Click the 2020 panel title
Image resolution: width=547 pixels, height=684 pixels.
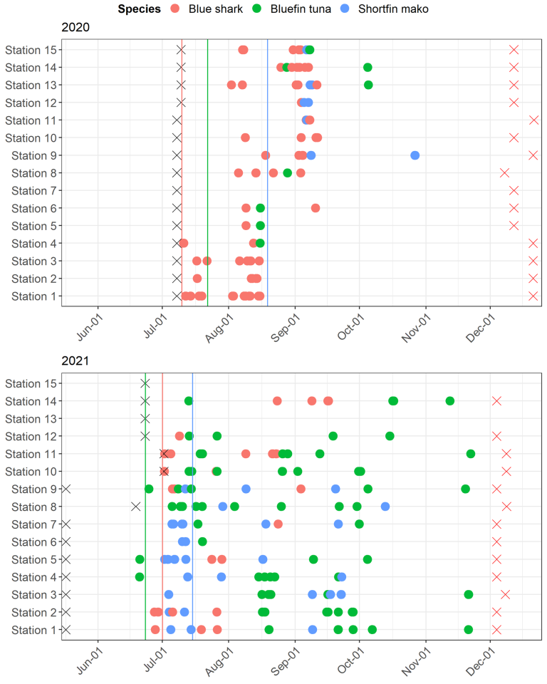click(75, 28)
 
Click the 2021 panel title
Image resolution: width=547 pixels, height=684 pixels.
click(75, 361)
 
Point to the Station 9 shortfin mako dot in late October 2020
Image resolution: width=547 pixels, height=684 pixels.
click(415, 155)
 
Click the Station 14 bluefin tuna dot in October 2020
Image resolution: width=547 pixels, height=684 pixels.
click(368, 68)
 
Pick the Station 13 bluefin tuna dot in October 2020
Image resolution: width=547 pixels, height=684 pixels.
click(368, 85)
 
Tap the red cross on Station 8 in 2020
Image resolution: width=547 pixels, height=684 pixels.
click(504, 173)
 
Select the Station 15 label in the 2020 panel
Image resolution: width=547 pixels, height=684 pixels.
click(31, 50)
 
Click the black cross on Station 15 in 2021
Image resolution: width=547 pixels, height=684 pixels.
click(145, 383)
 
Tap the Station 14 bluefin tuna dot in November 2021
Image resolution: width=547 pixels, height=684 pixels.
click(450, 401)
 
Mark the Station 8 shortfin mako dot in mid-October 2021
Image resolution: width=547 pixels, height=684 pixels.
click(385, 507)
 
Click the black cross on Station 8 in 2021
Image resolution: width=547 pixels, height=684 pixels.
click(136, 507)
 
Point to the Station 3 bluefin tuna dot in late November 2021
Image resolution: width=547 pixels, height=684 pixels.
click(469, 594)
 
